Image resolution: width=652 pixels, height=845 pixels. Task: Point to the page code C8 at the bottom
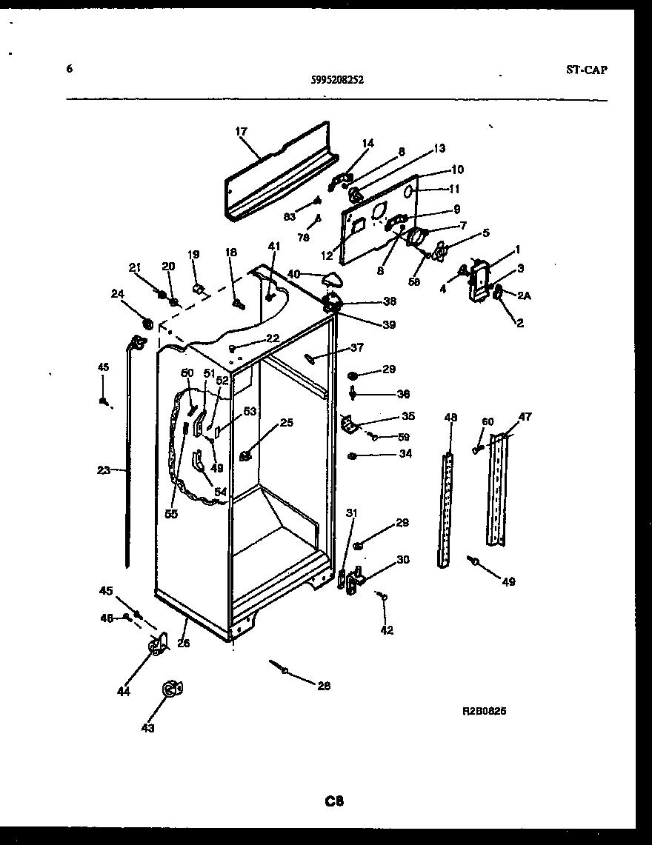pos(334,801)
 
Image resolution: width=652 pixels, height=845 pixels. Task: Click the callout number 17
pos(241,132)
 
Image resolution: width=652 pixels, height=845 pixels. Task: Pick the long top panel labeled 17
pos(278,178)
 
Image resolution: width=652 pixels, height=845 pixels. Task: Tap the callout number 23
pos(103,469)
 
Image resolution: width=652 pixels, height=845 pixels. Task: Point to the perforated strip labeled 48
pos(445,511)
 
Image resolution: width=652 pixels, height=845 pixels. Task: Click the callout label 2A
pos(524,295)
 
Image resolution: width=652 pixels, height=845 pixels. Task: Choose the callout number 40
pos(293,274)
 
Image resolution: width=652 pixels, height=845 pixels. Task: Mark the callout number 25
pos(286,423)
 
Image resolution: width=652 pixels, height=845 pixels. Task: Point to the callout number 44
pos(123,692)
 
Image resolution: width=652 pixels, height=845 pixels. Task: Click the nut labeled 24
pos(146,323)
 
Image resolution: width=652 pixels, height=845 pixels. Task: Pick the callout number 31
pos(351,513)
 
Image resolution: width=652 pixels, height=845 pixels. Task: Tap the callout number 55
pos(171,514)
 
